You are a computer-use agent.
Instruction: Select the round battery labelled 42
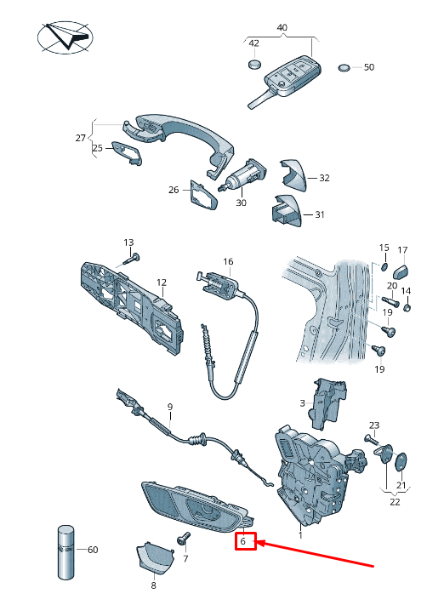(x=254, y=64)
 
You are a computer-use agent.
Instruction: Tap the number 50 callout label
(x=369, y=67)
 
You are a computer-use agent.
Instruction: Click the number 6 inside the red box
(x=242, y=541)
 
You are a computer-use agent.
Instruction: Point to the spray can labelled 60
(x=66, y=551)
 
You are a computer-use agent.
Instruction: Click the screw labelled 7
(x=183, y=539)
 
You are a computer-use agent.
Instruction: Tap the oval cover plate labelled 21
(x=401, y=461)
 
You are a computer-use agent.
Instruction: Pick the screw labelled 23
(x=370, y=440)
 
